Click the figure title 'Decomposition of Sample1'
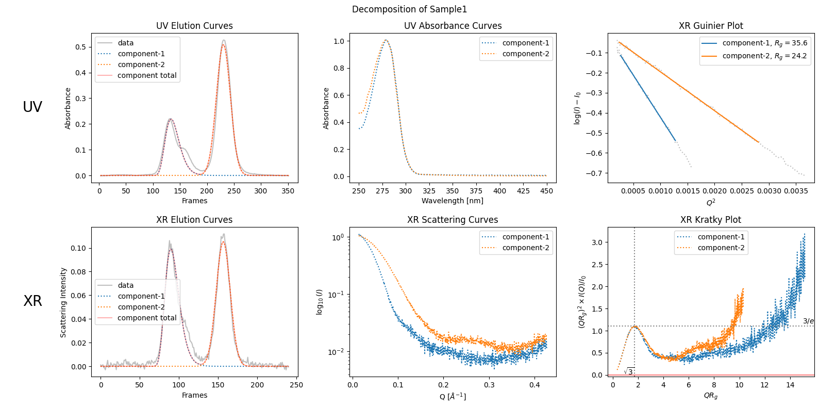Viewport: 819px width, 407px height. [x=409, y=9]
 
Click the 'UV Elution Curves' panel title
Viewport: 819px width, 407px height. [x=194, y=26]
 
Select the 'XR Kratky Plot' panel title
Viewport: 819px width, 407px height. [x=710, y=220]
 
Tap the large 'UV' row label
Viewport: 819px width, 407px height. [x=32, y=107]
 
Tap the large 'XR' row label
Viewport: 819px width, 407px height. [x=32, y=301]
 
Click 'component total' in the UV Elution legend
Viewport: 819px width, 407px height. [x=146, y=75]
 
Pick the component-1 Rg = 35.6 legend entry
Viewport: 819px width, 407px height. [x=764, y=43]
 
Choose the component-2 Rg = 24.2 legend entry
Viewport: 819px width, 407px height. [x=764, y=56]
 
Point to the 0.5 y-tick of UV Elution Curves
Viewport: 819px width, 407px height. [x=80, y=47]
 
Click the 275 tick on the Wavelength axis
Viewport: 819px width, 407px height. [x=382, y=191]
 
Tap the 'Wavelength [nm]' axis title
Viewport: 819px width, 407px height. [x=453, y=201]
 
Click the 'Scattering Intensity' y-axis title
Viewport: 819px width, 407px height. [x=63, y=302]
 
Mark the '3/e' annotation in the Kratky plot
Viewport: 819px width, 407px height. [x=808, y=321]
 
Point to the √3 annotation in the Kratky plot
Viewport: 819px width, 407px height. [x=629, y=371]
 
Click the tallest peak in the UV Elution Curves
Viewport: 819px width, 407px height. [x=223, y=40]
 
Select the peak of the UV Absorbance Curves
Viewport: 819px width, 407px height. [x=386, y=40]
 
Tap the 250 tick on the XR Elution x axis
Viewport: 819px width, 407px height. [x=296, y=385]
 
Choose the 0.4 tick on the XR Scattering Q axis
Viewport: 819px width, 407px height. [x=534, y=385]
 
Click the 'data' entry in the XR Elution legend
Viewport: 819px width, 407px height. [x=125, y=285]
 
